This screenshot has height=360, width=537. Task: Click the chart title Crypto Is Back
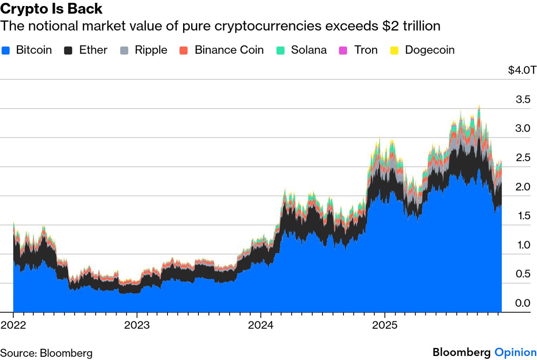(51, 8)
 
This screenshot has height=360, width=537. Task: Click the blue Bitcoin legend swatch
(6, 50)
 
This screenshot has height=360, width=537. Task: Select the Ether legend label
(93, 50)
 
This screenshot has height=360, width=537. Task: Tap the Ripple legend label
(151, 50)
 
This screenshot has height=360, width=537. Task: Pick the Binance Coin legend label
(229, 50)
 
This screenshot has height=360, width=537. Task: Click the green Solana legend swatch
(281, 50)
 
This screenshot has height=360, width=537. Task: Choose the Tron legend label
(365, 50)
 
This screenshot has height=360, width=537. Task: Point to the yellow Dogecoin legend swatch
(395, 50)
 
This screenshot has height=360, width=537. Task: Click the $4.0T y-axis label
(522, 70)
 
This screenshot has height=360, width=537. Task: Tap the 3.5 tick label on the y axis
(523, 99)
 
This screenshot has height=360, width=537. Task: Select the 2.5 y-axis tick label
(523, 157)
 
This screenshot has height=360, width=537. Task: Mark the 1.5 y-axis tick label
(523, 216)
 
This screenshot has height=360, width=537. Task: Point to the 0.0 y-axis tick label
(523, 303)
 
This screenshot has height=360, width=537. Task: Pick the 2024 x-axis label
(261, 325)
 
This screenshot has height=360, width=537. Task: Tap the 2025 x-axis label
(384, 325)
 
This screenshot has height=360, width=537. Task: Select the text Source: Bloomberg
(46, 353)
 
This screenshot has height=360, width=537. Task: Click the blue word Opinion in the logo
(515, 353)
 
